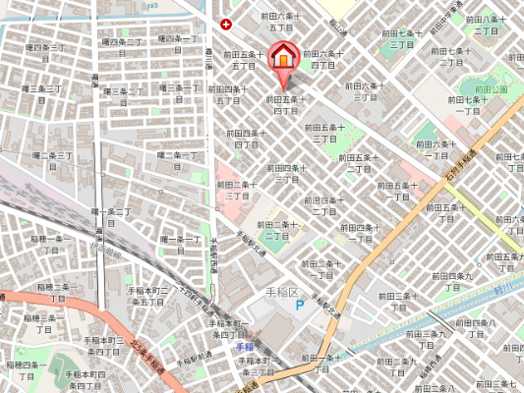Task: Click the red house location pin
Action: [x=282, y=57]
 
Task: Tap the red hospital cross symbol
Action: [x=227, y=24]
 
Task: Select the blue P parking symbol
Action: [x=301, y=306]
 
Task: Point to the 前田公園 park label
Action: [x=467, y=90]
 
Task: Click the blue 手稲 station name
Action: [x=245, y=347]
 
